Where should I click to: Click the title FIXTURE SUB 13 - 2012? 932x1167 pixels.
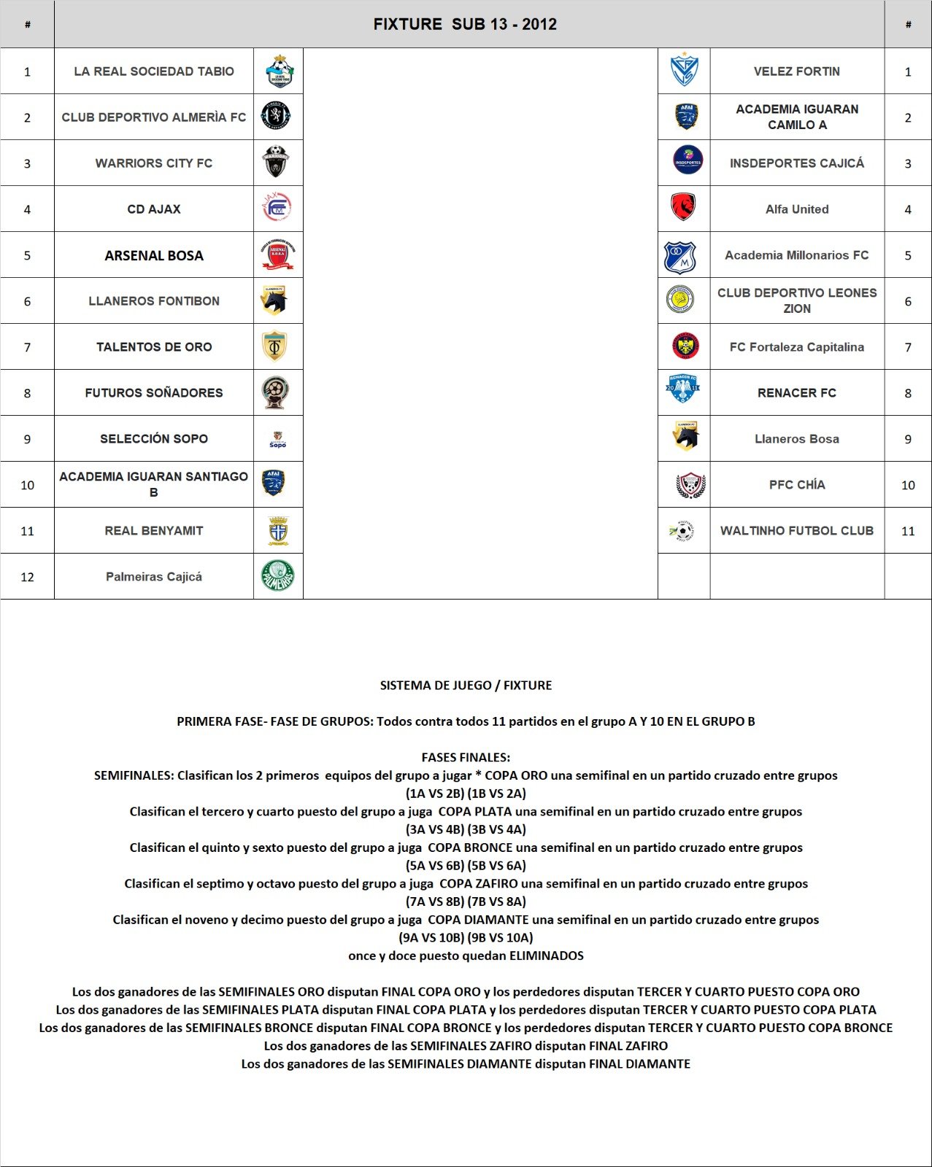coord(465,24)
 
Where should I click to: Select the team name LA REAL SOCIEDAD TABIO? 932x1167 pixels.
coord(154,71)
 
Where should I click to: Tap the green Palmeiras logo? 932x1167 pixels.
coord(278,576)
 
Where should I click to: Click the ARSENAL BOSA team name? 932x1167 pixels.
coord(154,255)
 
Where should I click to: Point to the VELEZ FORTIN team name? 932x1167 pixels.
coord(796,71)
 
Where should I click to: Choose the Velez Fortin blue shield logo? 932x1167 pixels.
coord(684,71)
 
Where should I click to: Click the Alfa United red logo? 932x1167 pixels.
coord(683,208)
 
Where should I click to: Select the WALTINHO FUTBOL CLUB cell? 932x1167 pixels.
coord(796,530)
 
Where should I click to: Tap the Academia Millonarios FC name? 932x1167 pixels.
coord(796,255)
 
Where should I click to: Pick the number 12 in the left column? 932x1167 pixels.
coord(27,577)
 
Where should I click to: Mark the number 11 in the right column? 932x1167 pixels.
coord(907,531)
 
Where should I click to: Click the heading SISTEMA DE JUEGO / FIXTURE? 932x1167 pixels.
coord(466,686)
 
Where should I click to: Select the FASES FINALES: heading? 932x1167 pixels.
coord(466,757)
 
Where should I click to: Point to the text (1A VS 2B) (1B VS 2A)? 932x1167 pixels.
coord(466,794)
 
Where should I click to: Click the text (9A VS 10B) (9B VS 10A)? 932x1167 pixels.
coord(466,937)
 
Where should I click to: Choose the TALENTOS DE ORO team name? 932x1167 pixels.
coord(154,347)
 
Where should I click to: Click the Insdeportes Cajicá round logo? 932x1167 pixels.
coord(688,160)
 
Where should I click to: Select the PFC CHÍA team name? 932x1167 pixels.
coord(796,485)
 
